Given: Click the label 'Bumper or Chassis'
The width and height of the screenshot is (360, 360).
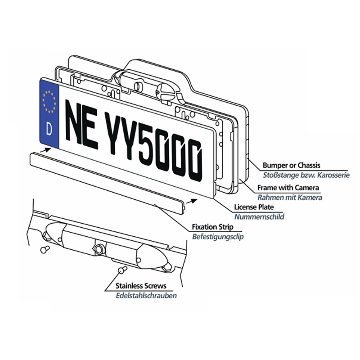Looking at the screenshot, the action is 291,165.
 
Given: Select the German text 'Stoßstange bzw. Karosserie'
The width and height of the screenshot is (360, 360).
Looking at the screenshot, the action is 306,175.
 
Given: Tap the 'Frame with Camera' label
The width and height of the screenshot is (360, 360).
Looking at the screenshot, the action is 288,188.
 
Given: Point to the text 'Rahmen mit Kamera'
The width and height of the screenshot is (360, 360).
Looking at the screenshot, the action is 289,197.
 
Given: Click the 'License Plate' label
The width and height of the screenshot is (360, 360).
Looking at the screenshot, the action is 254,207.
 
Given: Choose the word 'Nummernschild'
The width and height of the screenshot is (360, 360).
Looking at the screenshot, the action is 259,217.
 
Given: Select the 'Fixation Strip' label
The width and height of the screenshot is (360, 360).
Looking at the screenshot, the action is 212,227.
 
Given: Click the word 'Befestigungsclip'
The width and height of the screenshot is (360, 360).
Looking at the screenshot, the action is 218,237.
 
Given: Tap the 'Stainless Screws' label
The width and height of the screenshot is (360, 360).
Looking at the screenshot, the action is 141,286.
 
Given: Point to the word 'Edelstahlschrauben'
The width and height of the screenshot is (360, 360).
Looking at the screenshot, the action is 146,296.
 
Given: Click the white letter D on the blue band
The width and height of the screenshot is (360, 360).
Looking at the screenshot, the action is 49,129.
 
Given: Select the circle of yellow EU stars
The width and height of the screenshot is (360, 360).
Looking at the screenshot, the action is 49,102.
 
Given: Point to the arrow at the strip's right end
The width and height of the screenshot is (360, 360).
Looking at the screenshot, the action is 192,201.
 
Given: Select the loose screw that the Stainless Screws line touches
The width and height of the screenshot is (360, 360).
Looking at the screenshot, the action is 122,269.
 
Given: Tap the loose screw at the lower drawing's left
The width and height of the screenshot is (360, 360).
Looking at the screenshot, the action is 45,249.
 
